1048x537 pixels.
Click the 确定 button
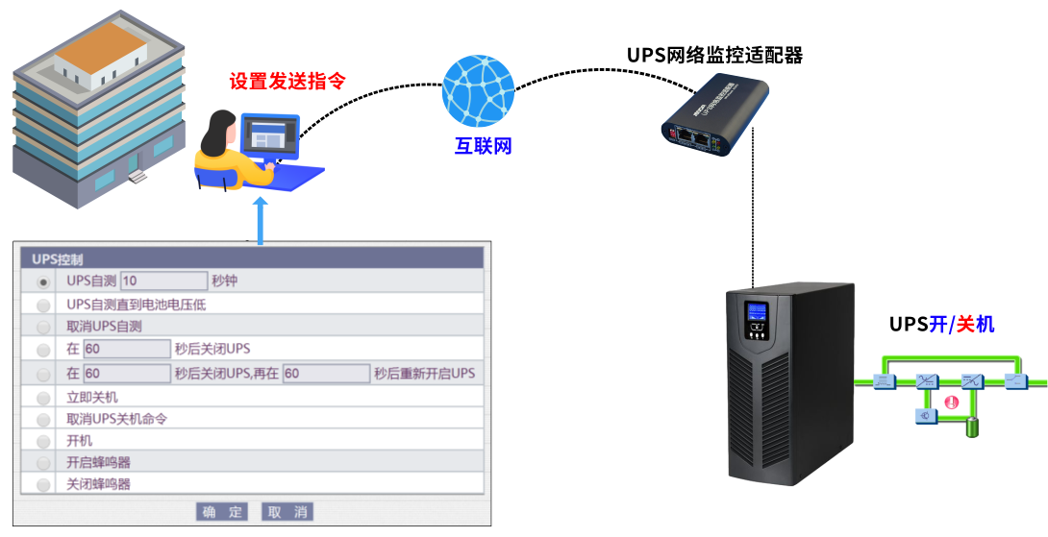[222, 511]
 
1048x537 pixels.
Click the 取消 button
[287, 511]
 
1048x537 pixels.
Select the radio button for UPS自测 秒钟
[43, 281]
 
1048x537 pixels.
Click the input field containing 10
[164, 281]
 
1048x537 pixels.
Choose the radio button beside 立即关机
[43, 398]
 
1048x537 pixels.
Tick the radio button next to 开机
[43, 441]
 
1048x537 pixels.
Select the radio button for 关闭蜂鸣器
[43, 485]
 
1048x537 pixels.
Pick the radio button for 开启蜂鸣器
[43, 463]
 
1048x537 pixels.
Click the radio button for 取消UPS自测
[43, 327]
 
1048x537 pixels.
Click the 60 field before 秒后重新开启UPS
[326, 373]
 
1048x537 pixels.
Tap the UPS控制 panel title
[58, 258]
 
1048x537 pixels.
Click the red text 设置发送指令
[287, 81]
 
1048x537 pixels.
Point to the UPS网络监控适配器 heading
[714, 55]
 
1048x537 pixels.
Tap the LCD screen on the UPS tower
[757, 312]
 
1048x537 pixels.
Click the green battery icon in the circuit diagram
[972, 427]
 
